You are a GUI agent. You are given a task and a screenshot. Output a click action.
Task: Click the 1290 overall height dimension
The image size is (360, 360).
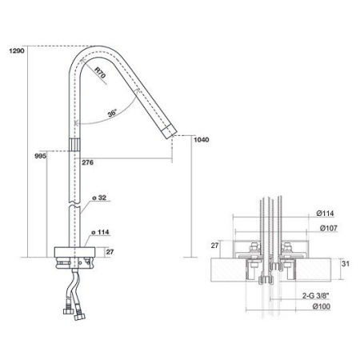point(17,50)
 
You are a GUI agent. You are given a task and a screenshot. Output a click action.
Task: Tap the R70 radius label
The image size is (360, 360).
point(100,73)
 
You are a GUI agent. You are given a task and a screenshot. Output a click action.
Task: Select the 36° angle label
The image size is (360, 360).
point(113,113)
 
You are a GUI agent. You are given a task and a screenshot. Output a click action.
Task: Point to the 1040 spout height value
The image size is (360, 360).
point(202,140)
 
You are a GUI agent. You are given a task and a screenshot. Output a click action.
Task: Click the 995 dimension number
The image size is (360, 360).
point(41,156)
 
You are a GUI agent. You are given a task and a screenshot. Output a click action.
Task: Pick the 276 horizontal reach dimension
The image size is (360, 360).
point(88,162)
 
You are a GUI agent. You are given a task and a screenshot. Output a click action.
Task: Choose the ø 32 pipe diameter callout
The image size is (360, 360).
point(99,198)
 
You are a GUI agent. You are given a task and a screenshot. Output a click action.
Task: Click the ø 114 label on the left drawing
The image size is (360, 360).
point(100,232)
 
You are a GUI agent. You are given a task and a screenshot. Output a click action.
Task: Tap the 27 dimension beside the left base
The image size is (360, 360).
point(110,252)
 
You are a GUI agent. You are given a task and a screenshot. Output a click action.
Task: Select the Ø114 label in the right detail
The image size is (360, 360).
point(325,214)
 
